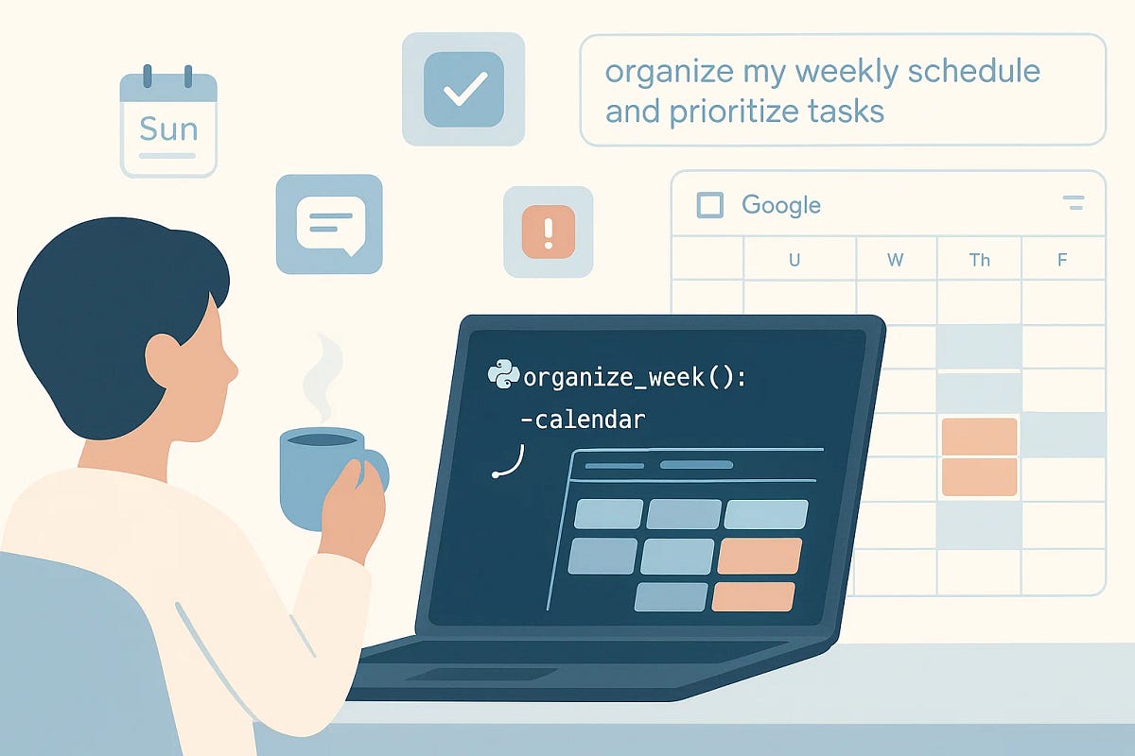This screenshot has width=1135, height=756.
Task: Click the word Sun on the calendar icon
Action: [168, 128]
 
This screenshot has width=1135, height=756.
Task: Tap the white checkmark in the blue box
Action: [463, 89]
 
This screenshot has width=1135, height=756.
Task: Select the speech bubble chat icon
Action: [329, 225]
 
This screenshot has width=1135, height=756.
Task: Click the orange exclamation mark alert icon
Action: [548, 232]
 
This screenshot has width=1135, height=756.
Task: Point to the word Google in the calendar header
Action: [780, 205]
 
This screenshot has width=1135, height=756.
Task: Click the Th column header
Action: [979, 259]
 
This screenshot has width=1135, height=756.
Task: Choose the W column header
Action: [895, 259]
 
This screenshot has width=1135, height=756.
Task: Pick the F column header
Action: [1062, 259]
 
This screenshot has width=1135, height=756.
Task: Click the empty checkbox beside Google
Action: [709, 205]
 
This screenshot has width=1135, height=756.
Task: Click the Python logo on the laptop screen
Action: [502, 376]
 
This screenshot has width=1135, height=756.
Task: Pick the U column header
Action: [794, 259]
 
